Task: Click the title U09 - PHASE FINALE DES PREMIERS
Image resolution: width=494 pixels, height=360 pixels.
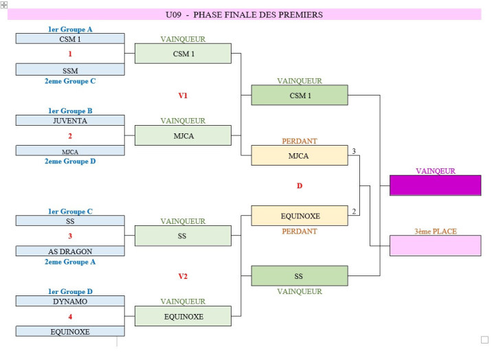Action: coord(244,14)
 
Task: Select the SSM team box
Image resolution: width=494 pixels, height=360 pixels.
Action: coord(70,69)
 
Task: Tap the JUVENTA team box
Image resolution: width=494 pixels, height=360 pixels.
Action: coord(70,120)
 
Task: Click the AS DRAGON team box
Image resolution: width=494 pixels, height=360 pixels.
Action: coord(70,251)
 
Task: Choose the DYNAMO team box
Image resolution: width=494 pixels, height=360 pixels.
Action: coord(70,301)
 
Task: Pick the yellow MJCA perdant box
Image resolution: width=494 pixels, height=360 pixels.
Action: coord(299,155)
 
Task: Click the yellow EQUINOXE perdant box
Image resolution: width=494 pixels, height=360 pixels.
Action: coord(299,216)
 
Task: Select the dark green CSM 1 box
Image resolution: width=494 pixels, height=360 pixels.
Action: coord(299,95)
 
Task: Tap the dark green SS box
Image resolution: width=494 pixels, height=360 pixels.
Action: coord(299,276)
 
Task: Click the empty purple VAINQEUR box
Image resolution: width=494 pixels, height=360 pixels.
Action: coord(435,185)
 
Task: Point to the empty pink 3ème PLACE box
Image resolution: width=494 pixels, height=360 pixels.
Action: coord(435,245)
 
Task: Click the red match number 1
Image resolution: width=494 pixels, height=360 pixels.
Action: coord(70,54)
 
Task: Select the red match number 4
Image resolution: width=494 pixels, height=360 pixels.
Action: coord(70,317)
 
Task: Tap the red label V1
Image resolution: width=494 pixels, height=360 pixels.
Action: coord(183,95)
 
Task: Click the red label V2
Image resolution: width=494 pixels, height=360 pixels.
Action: coord(183,276)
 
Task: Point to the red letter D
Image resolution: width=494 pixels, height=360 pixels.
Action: coord(299,185)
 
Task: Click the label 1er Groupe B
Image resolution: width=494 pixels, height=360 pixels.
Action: coord(70,111)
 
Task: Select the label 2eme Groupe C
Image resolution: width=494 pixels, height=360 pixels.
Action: coord(70,81)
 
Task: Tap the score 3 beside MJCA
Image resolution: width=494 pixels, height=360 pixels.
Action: coord(354,150)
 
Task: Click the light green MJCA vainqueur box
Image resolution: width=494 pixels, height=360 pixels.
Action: coord(183,135)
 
